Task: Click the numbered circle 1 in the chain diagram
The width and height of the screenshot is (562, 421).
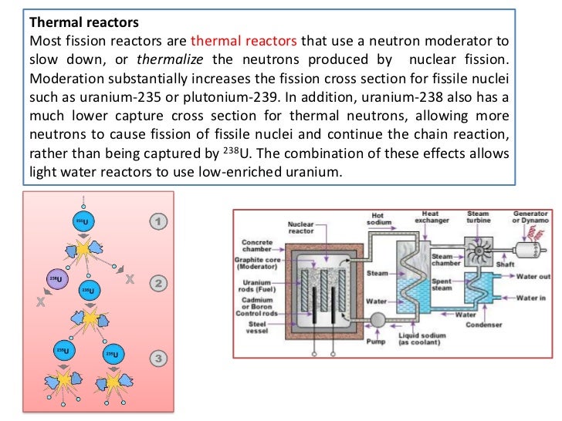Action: coord(158,222)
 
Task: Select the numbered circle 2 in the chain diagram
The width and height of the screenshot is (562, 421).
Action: coord(158,283)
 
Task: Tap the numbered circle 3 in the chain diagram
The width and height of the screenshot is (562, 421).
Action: coord(158,359)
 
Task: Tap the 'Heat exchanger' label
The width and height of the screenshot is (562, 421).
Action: coord(432,218)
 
